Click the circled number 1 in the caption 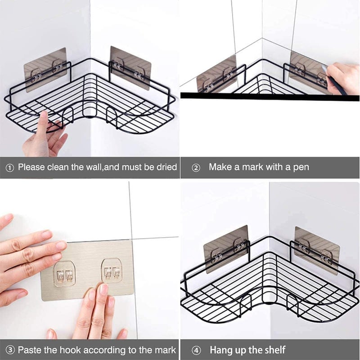coord(9,168)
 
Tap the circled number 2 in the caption coord(196,168)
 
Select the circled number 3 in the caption coord(9,350)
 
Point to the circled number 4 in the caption coord(196,350)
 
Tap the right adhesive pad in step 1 coord(130,68)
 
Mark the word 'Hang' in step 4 coord(221,350)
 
